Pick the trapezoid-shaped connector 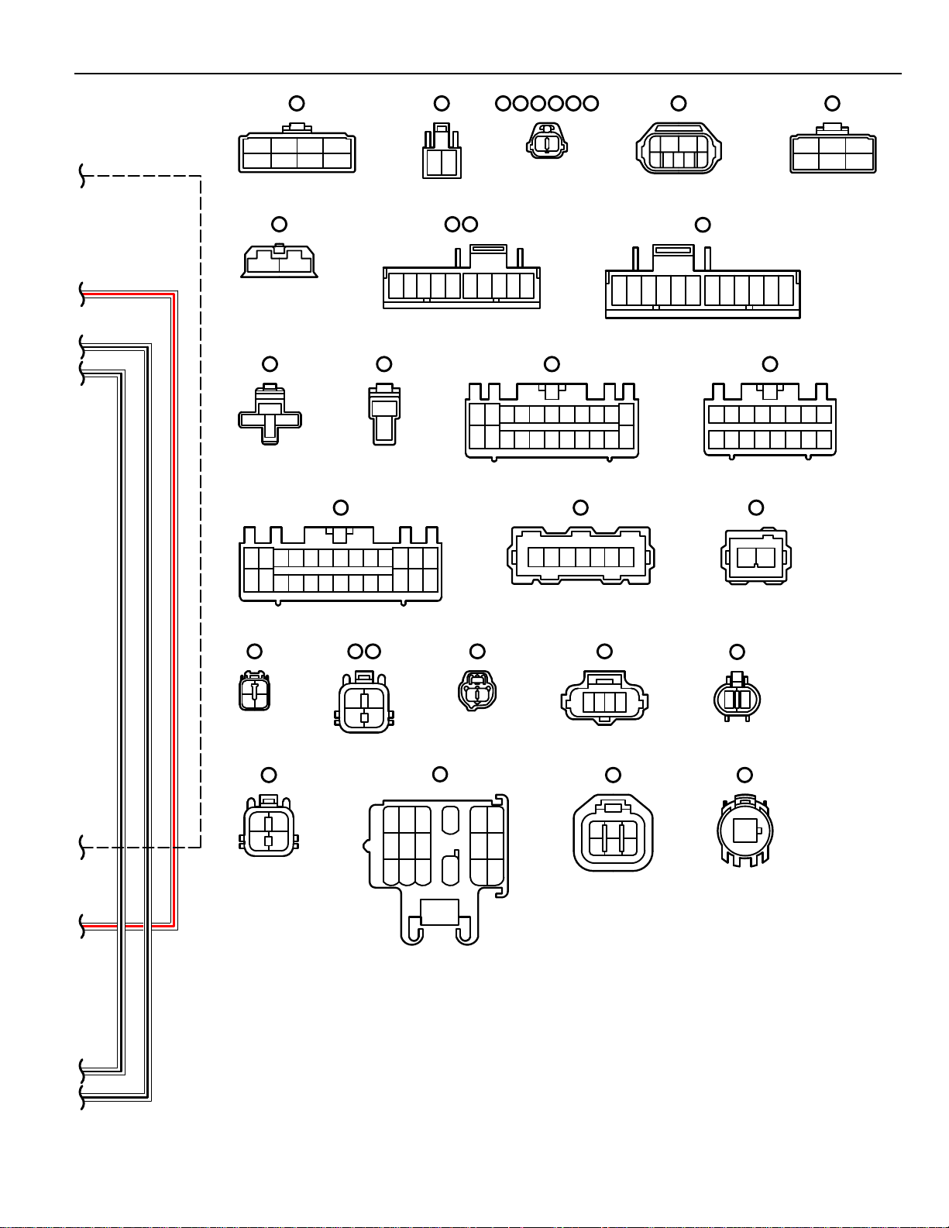(279, 261)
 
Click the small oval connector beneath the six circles (546, 143)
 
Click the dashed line (201, 511)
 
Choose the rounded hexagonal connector (678, 148)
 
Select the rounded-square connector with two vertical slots (613, 832)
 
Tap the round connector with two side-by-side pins (737, 699)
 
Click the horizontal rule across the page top (488, 74)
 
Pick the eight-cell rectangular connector (297, 153)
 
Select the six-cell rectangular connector (833, 153)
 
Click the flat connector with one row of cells (580, 556)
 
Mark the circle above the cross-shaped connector (270, 363)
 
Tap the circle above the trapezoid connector (279, 224)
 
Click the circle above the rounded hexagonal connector (678, 103)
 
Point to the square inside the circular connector (744, 831)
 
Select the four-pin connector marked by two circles (363, 700)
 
